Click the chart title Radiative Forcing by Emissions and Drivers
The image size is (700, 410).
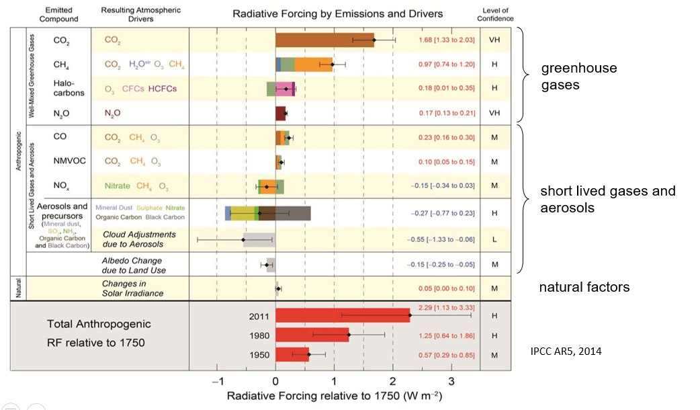click(x=337, y=13)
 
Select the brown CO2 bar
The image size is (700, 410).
click(x=324, y=40)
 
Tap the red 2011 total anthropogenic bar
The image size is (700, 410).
click(x=342, y=315)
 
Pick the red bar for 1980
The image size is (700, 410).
click(x=312, y=335)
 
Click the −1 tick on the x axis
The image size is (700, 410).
click(x=216, y=382)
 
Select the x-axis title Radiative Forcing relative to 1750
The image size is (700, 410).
click(x=334, y=396)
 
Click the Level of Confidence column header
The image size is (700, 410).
click(x=498, y=14)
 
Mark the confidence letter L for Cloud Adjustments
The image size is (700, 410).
click(x=494, y=239)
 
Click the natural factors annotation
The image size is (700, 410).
click(x=584, y=287)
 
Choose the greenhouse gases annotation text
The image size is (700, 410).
click(x=578, y=77)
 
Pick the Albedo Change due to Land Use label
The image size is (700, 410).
click(x=134, y=265)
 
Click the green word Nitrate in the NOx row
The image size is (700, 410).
click(x=118, y=186)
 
